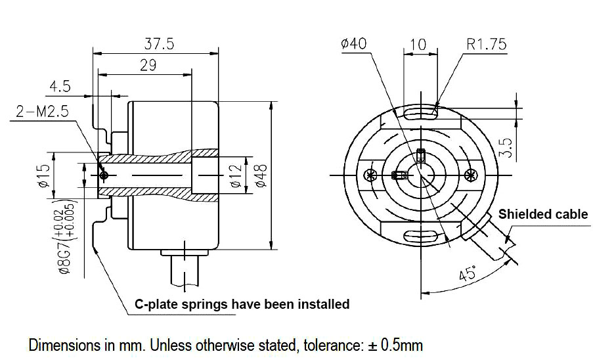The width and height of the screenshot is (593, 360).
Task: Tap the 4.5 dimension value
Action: (60, 87)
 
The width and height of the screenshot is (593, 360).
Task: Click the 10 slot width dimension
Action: (418, 45)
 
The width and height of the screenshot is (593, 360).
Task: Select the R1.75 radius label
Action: (487, 44)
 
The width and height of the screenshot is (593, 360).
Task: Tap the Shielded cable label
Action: (543, 214)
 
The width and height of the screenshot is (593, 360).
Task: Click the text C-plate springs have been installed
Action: (242, 304)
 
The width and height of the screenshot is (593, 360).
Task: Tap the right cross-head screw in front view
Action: (470, 175)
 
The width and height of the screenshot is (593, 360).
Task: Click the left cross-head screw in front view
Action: (368, 175)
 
